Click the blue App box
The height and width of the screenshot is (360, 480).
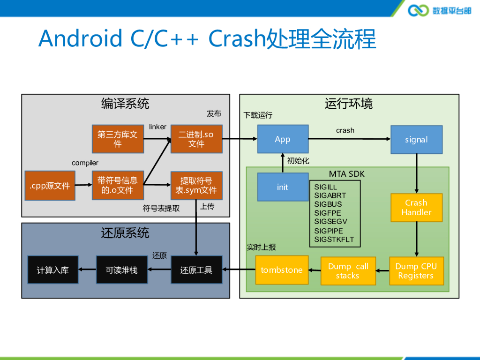pyautogui.click(x=283, y=139)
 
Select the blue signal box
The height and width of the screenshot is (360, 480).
pyautogui.click(x=416, y=140)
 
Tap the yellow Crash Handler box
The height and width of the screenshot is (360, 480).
pyautogui.click(x=416, y=208)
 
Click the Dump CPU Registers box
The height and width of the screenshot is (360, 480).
pyautogui.click(x=416, y=271)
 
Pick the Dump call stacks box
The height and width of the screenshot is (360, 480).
pyautogui.click(x=348, y=271)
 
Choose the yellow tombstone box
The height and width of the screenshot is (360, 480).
pyautogui.click(x=282, y=270)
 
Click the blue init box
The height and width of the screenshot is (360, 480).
pyautogui.click(x=283, y=187)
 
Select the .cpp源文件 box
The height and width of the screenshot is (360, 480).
pyautogui.click(x=50, y=186)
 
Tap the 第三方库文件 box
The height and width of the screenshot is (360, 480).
pyautogui.click(x=118, y=139)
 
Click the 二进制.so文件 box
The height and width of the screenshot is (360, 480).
pyautogui.click(x=196, y=139)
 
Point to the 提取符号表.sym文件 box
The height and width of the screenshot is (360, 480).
pyautogui.click(x=196, y=186)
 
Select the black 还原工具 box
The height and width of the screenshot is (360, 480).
pyautogui.click(x=196, y=270)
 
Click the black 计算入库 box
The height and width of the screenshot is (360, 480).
pyautogui.click(x=53, y=270)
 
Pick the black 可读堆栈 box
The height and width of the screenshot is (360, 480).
pyautogui.click(x=122, y=270)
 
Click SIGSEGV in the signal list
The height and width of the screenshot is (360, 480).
pyautogui.click(x=330, y=221)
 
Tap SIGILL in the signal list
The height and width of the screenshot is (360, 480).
pyautogui.click(x=325, y=187)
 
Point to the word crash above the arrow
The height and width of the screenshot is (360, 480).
pyautogui.click(x=345, y=130)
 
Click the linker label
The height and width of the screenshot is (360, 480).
pyautogui.click(x=157, y=127)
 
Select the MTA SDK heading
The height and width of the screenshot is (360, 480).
pyautogui.click(x=346, y=174)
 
